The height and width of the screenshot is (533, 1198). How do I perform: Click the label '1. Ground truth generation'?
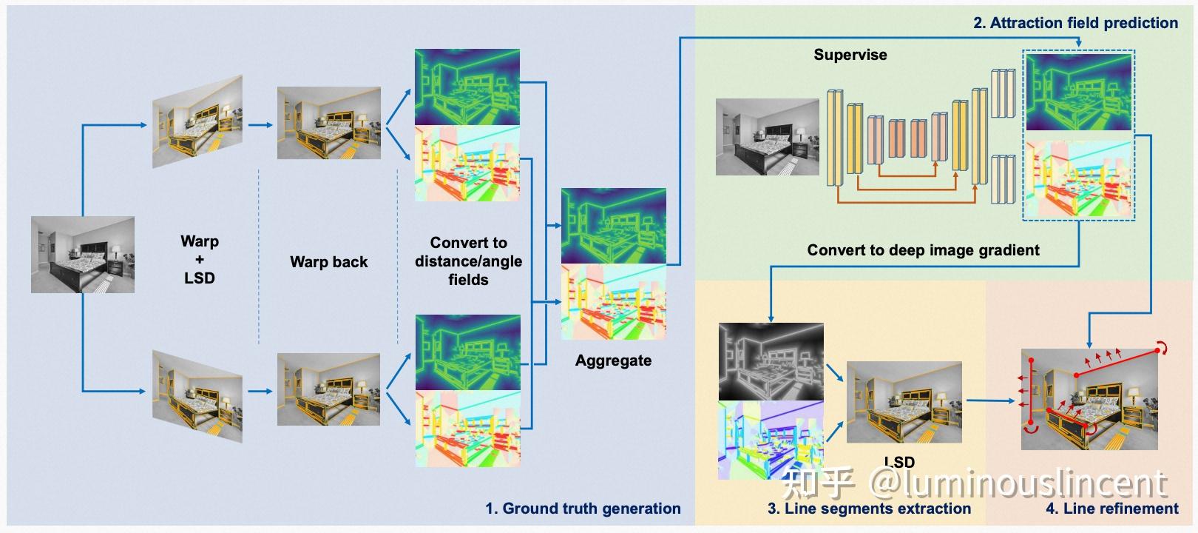(583, 509)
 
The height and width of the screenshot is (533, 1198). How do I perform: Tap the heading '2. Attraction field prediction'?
(1075, 23)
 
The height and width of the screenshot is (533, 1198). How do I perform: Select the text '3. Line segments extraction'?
(869, 509)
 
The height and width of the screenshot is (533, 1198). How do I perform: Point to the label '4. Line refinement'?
(1112, 509)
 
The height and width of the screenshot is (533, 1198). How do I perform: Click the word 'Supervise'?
(850, 55)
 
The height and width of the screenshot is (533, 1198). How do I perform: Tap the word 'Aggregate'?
(614, 361)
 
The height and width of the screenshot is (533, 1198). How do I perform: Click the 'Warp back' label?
(329, 261)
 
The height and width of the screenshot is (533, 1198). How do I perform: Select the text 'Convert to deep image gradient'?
(923, 250)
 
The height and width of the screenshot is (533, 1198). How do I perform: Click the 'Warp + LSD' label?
(200, 260)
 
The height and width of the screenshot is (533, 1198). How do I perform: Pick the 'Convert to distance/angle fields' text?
(469, 261)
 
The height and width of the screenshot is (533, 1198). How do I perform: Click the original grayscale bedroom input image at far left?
(83, 255)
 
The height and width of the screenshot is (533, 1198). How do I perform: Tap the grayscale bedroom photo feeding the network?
(768, 137)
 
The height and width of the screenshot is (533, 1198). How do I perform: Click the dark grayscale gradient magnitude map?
(771, 362)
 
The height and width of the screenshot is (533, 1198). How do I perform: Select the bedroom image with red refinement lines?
(1089, 399)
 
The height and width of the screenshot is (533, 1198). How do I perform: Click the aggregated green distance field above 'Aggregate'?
(614, 226)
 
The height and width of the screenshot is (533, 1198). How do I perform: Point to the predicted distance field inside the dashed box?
(1079, 92)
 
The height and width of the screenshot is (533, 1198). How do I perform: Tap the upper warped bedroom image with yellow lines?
(197, 121)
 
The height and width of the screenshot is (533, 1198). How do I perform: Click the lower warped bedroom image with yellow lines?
(197, 397)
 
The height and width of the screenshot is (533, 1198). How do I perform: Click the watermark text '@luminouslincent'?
(1018, 483)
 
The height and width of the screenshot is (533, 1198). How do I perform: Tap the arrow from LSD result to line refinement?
(990, 400)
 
